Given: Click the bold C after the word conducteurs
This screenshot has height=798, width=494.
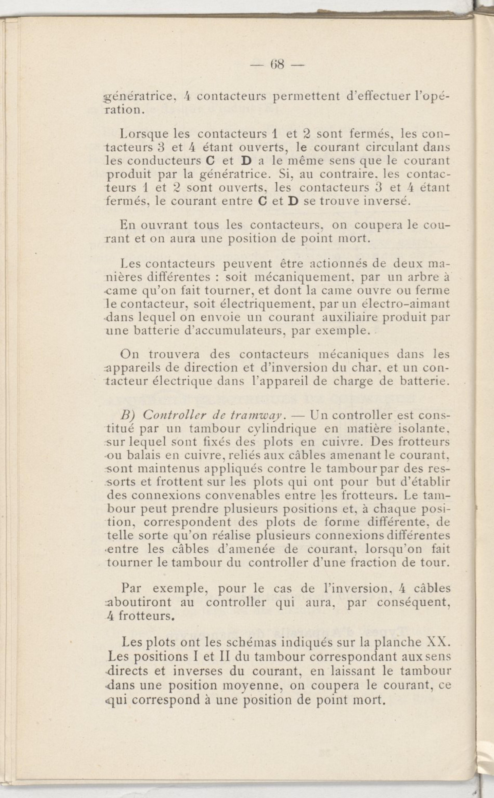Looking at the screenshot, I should point(211,161).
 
